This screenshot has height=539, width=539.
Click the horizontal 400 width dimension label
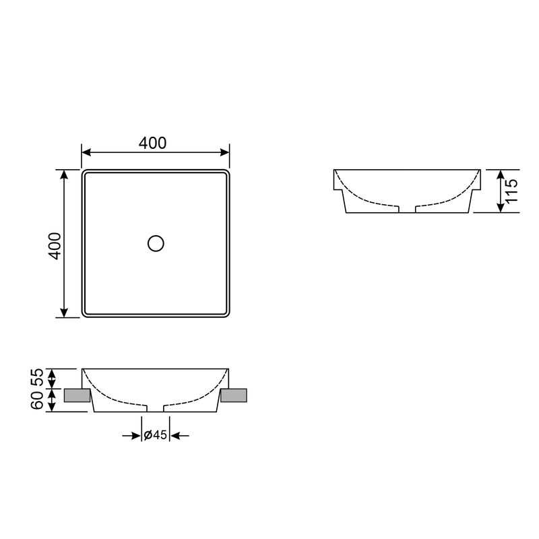[153, 143]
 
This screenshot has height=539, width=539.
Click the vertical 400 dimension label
[55, 246]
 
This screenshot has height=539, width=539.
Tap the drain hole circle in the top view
[156, 243]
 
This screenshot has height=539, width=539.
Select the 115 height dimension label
[511, 191]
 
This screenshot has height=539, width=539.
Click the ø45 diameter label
[156, 435]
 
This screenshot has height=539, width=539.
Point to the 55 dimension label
[37, 377]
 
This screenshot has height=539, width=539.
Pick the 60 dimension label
[37, 400]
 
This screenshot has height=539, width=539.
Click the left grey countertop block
[77, 395]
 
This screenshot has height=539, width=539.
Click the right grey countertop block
[234, 395]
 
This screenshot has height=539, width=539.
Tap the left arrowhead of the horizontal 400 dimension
[86, 152]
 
